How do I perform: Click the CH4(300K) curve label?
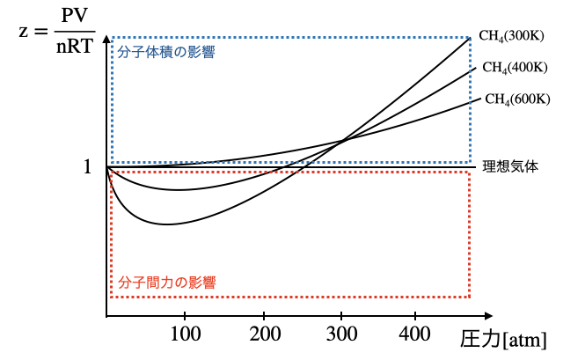click(x=513, y=36)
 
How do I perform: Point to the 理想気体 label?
click(x=511, y=165)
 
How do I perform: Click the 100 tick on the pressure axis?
click(x=185, y=335)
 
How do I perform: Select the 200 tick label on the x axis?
click(x=264, y=335)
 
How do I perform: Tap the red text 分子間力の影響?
click(x=166, y=283)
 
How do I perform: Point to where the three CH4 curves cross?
click(x=341, y=141)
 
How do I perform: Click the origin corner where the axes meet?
click(x=106, y=316)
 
